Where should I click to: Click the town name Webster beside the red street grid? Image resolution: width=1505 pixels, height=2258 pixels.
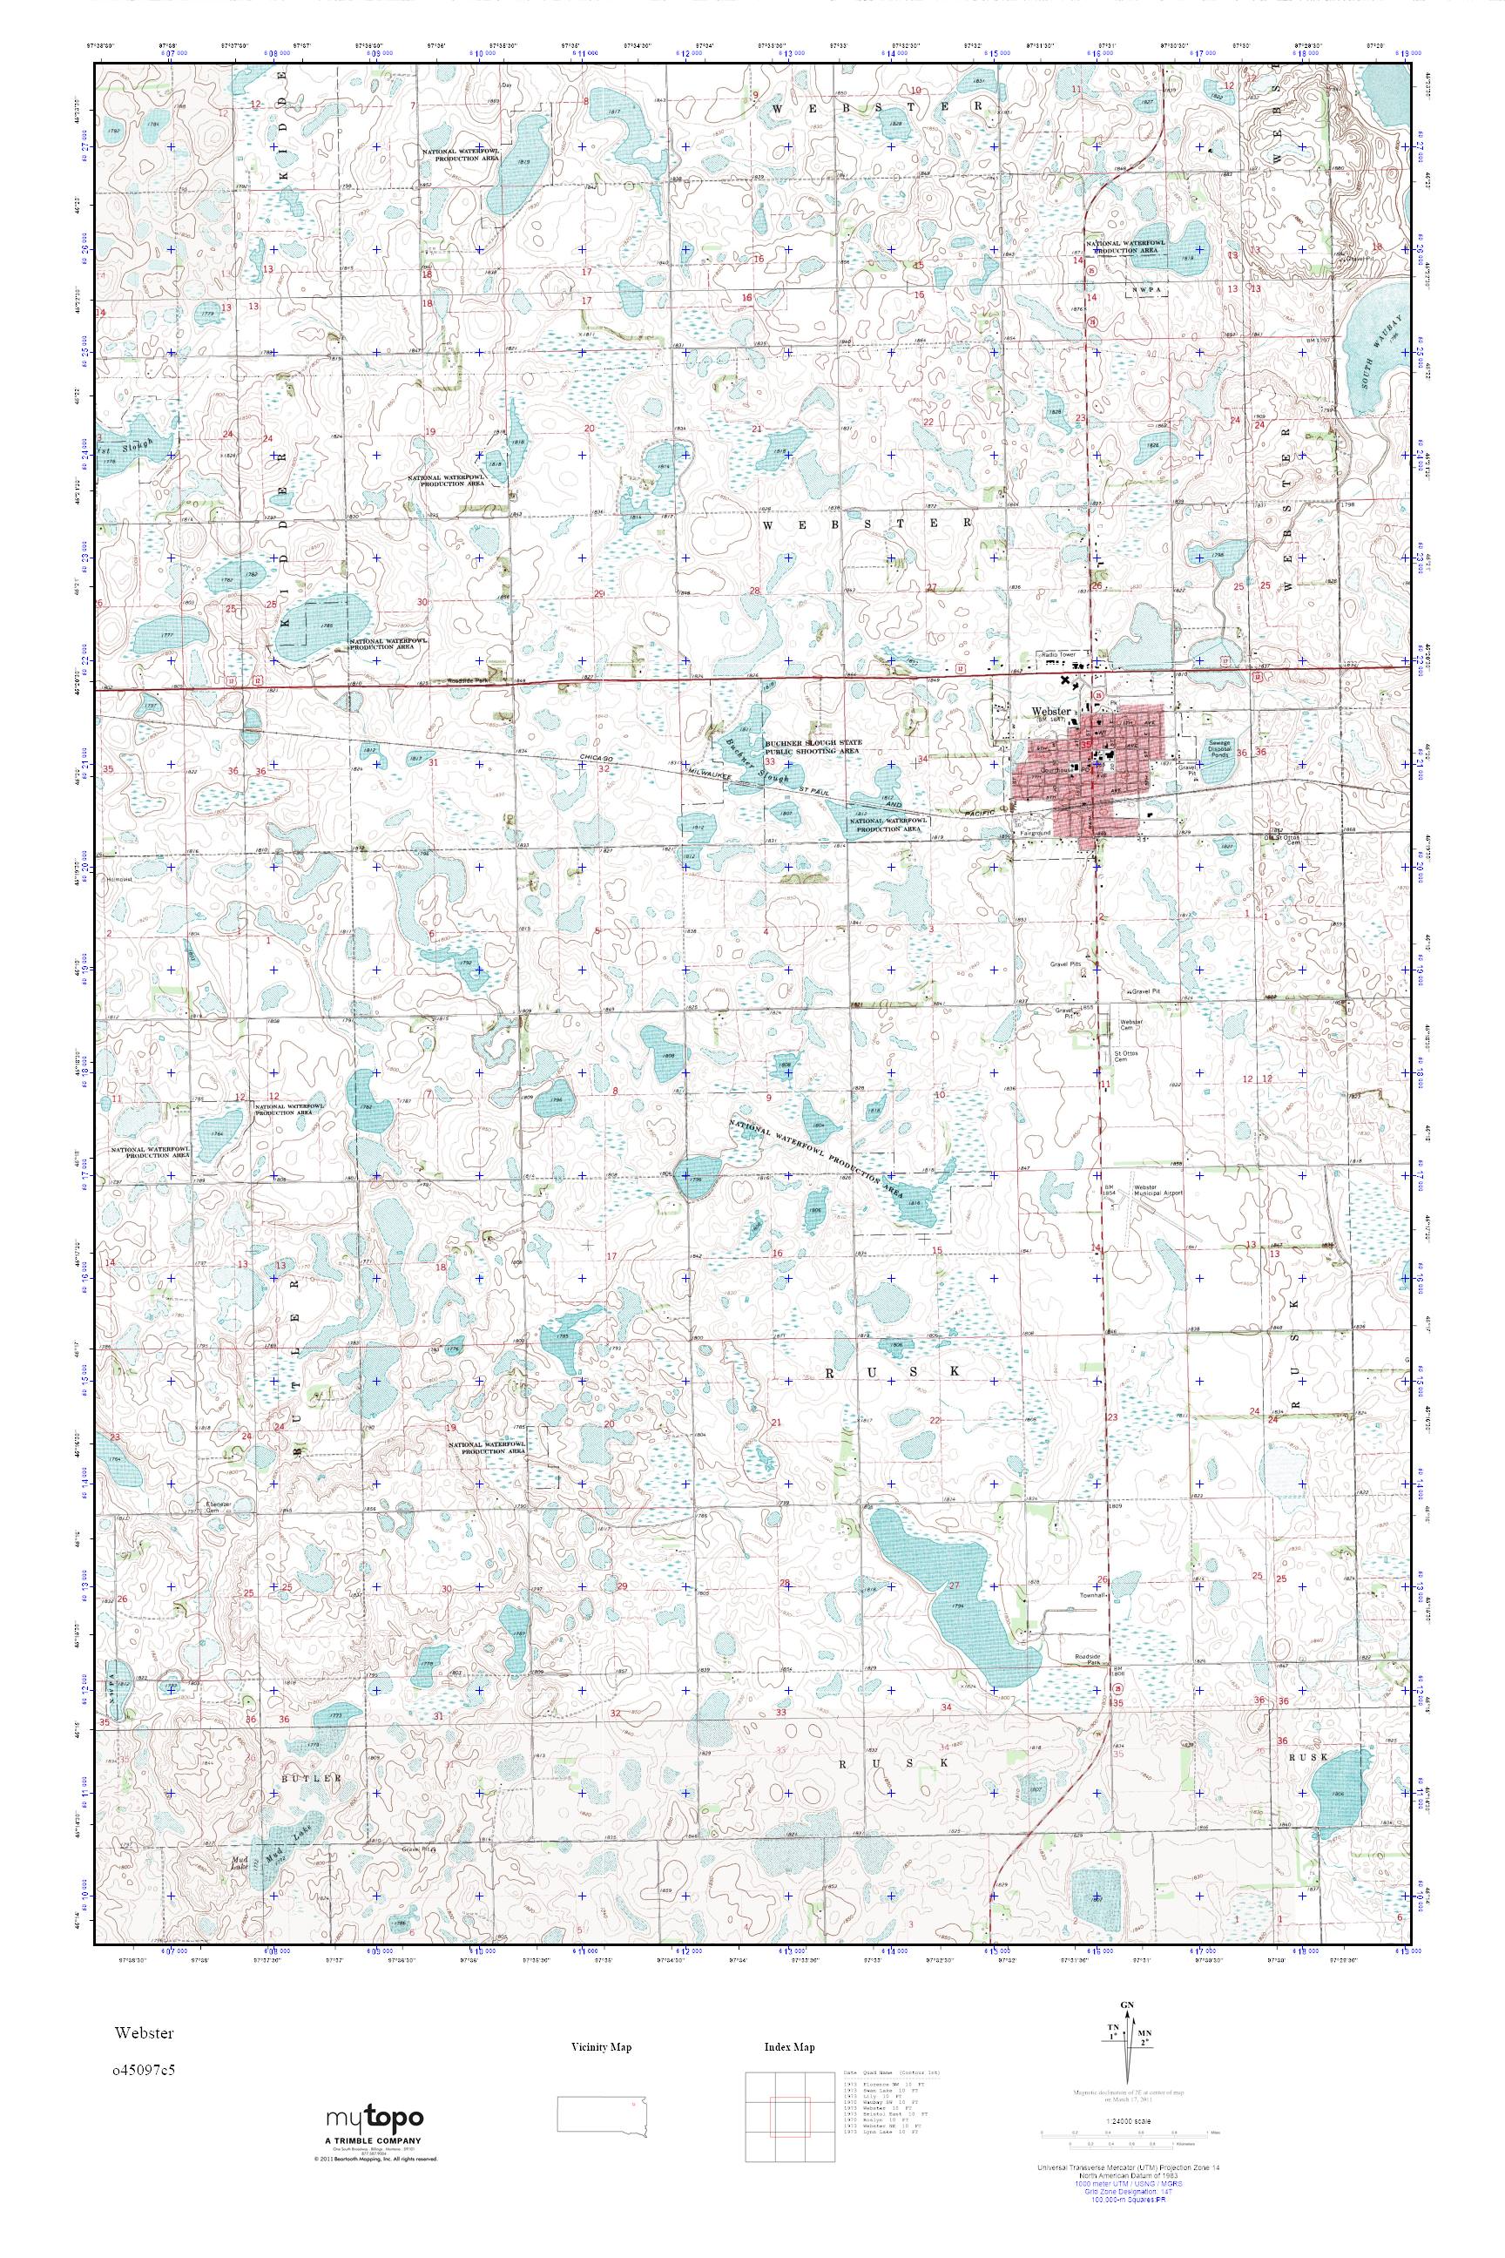click(1050, 712)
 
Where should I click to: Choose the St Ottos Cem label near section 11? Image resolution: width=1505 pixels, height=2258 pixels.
click(1125, 1056)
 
